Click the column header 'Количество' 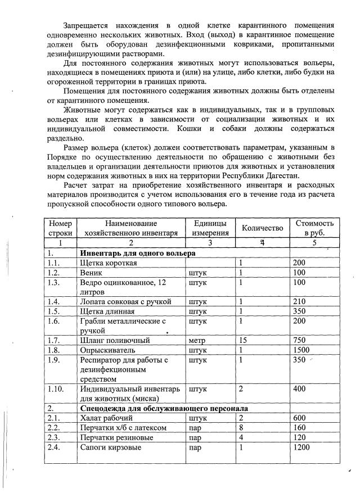coord(262,228)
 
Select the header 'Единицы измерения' coord(210,228)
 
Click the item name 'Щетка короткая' coord(107,263)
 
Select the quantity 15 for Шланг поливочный coord(244,340)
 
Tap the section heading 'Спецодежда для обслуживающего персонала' coord(164,408)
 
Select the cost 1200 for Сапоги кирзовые coord(303,447)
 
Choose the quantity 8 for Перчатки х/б coord(241,427)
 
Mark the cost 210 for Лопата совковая coord(300,301)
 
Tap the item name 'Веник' coord(91,273)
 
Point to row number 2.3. coord(55,437)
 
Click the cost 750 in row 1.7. coord(301,340)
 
